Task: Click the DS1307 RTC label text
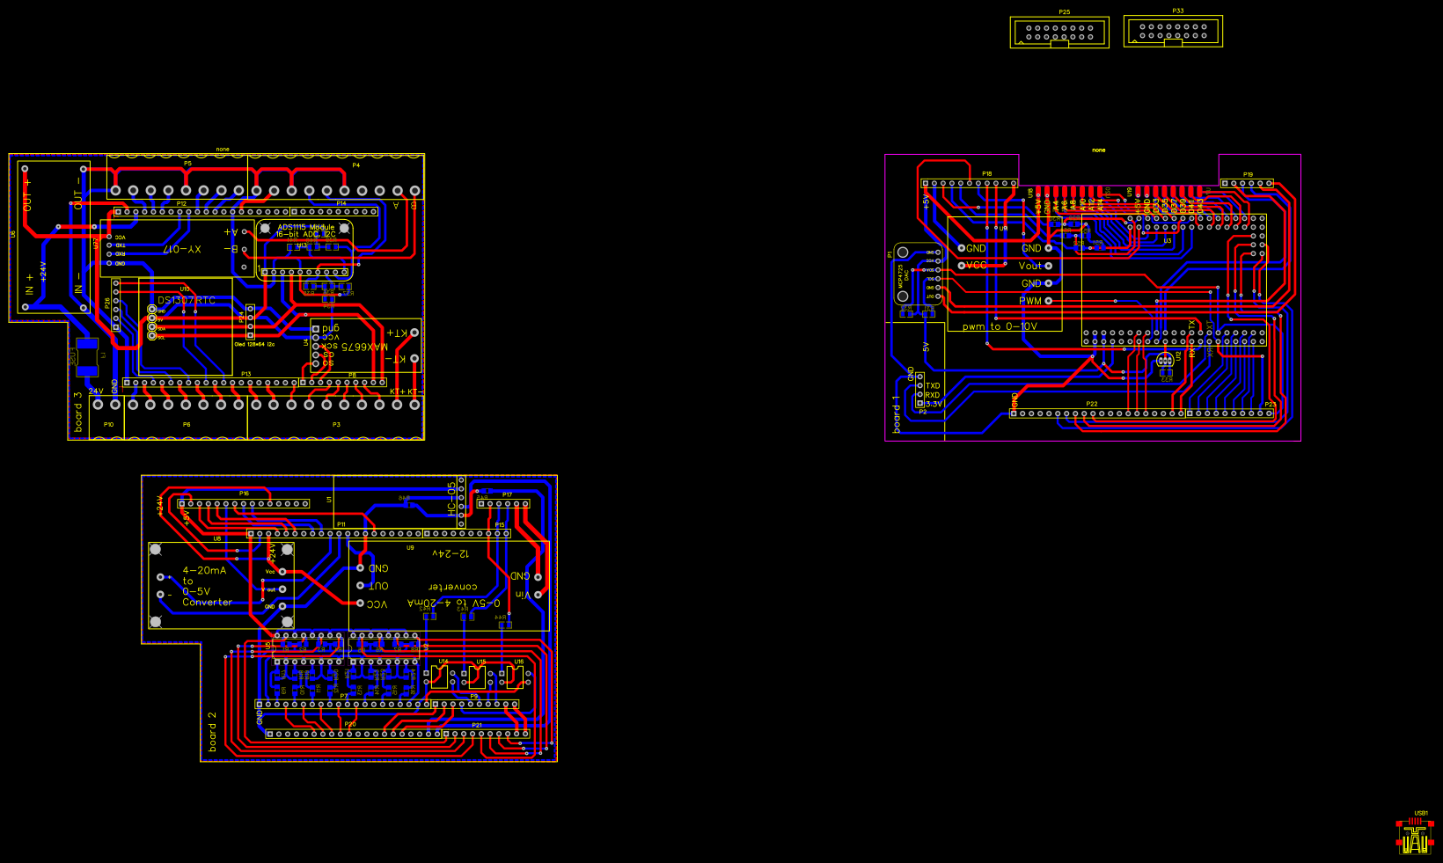tap(187, 301)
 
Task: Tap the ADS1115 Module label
tap(305, 228)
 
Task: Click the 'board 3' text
tap(78, 412)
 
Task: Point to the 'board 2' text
tap(212, 732)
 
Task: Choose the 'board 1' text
tap(897, 414)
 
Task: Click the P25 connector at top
tap(1059, 33)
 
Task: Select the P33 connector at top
tap(1173, 32)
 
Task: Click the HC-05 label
tap(451, 498)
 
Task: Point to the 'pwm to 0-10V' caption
tap(1000, 326)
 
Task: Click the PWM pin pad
tap(1049, 301)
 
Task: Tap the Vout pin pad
tap(1049, 266)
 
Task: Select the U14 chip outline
tap(439, 677)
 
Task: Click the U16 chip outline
tap(515, 677)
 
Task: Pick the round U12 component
tap(1164, 360)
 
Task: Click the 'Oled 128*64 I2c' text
tap(254, 344)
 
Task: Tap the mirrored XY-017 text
tap(182, 250)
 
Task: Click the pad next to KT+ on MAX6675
tap(414, 333)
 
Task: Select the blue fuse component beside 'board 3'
tap(87, 356)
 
